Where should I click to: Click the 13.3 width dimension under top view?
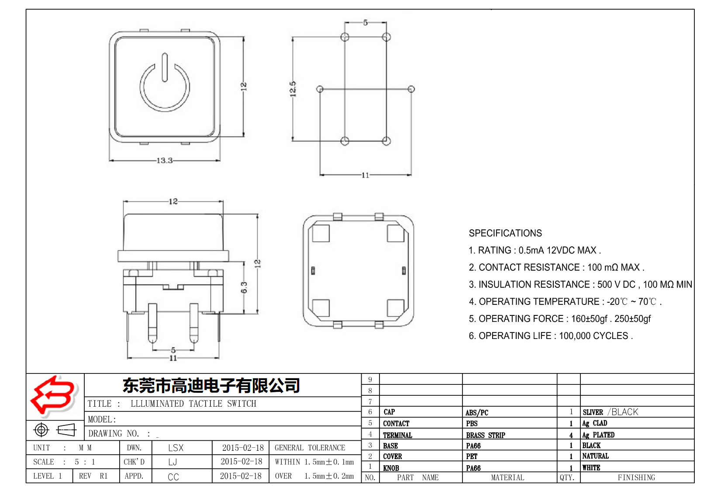tap(165, 160)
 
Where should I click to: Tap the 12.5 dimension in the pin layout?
tap(293, 89)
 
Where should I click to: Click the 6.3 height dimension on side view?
tap(244, 287)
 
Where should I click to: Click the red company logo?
tap(54, 396)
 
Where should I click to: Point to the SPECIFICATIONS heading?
tap(505, 233)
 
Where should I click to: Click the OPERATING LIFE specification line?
tap(550, 336)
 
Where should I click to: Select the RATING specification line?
tap(534, 250)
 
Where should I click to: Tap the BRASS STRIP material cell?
tap(485, 435)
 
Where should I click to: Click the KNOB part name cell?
tap(391, 468)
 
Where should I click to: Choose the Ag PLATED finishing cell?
tap(598, 435)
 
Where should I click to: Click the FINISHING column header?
tap(636, 477)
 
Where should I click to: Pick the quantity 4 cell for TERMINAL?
tap(571, 435)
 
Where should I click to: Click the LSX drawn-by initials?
tap(176, 448)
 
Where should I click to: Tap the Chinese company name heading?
tap(211, 385)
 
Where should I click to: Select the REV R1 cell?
tap(93, 476)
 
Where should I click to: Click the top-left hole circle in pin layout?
tap(345, 37)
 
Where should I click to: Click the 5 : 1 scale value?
tap(85, 462)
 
